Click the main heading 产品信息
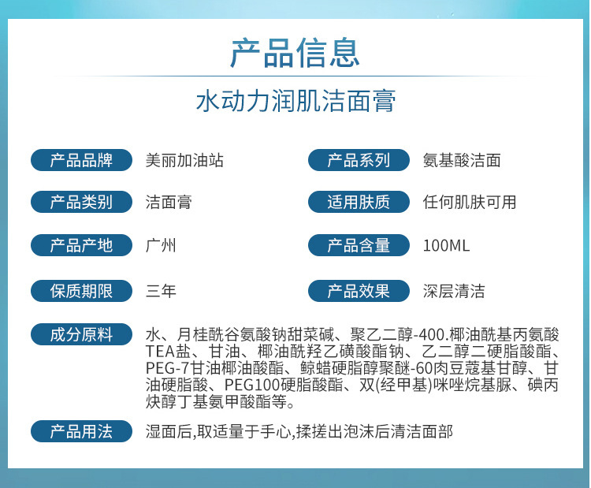(295, 53)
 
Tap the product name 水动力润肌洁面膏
(295, 101)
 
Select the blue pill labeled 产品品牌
(81, 160)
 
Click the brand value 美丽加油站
(184, 161)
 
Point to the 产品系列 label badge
(359, 160)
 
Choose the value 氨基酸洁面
(462, 161)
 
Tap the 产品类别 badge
(81, 202)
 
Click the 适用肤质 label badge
(359, 202)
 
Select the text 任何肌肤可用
(470, 203)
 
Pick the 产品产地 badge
(81, 245)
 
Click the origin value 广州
(161, 246)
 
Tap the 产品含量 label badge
(359, 245)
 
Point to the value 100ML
(446, 246)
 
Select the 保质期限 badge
(81, 291)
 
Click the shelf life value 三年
(161, 291)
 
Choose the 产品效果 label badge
(359, 291)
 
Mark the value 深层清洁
(454, 291)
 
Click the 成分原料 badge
(81, 334)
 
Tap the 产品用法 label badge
(81, 431)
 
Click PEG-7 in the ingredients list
(167, 368)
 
